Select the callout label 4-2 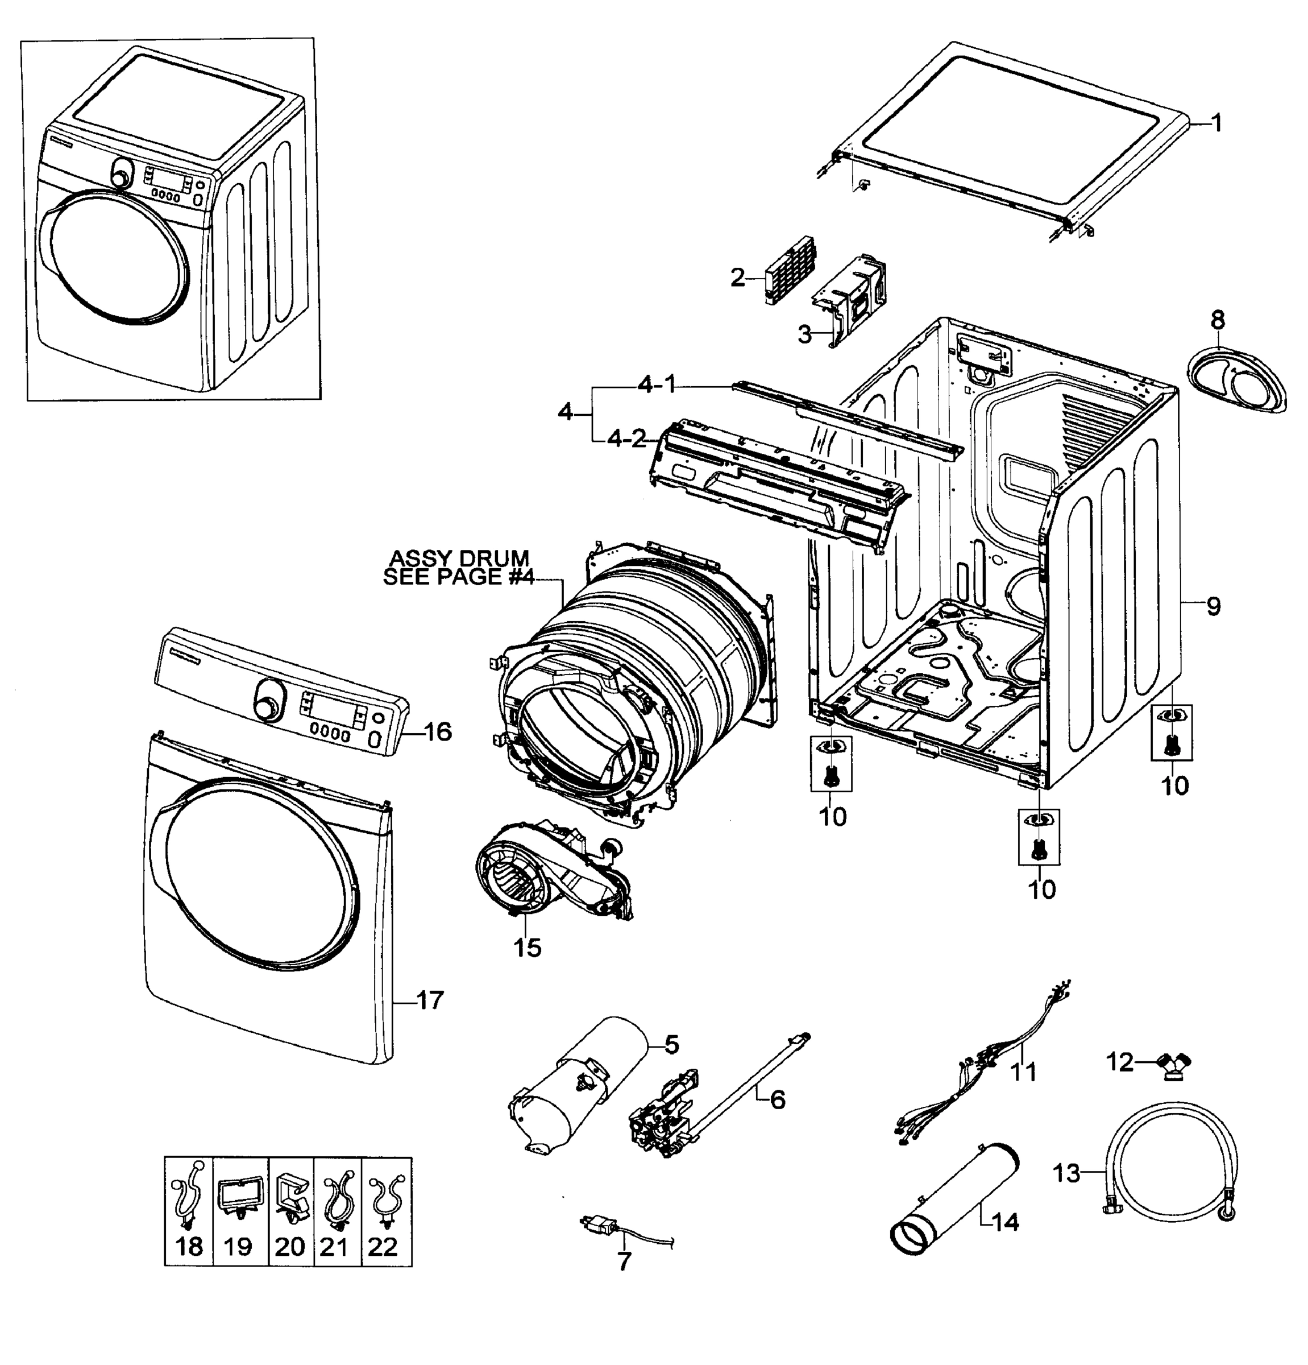click(x=627, y=440)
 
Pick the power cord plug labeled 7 click(x=597, y=1223)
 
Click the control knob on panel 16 click(x=267, y=699)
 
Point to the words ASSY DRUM click(x=459, y=558)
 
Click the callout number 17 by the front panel click(x=430, y=1001)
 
